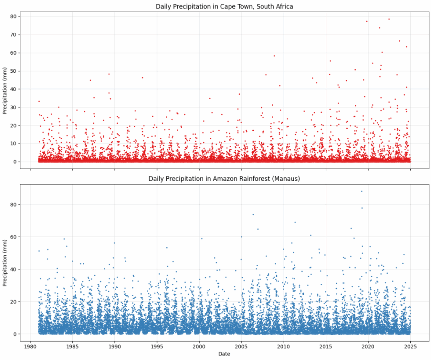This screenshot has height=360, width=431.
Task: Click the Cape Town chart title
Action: pos(224,6)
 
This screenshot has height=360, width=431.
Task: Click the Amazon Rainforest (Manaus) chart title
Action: pos(224,179)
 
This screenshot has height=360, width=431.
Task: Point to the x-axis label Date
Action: pos(224,354)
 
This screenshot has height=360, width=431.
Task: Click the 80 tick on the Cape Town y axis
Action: pos(14,17)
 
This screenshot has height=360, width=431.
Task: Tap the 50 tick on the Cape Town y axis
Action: pos(14,71)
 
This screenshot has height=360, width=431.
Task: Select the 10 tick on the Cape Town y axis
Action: pos(14,143)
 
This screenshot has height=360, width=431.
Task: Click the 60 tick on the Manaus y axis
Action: pos(14,237)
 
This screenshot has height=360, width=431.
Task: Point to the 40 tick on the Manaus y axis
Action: pos(14,269)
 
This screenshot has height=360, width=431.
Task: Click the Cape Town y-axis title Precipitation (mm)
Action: pos(5,90)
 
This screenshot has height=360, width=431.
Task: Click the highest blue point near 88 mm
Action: pos(362,191)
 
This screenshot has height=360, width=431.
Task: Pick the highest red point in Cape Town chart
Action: pos(389,19)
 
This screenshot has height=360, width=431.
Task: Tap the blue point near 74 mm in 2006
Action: pos(253,214)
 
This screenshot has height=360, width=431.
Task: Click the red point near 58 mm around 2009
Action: pos(274,56)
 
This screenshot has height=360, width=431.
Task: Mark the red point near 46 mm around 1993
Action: pos(142,78)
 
